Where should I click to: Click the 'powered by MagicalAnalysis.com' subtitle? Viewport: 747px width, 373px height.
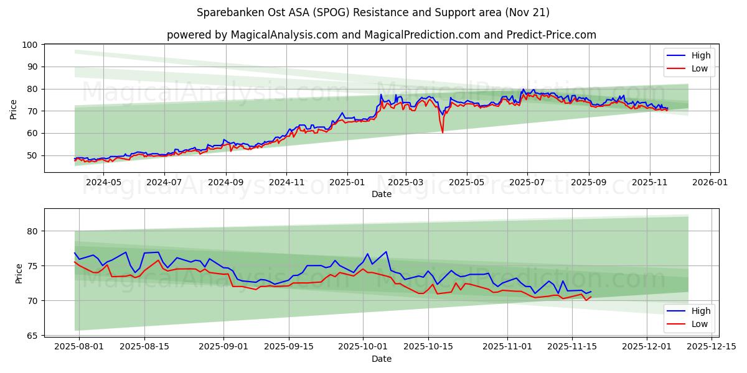click(x=381, y=35)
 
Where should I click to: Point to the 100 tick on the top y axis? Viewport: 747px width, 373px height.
click(x=31, y=45)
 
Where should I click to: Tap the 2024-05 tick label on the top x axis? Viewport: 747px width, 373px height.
click(x=103, y=183)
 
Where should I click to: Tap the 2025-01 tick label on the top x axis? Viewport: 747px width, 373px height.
click(x=347, y=183)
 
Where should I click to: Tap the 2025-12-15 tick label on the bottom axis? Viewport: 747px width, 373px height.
click(x=711, y=346)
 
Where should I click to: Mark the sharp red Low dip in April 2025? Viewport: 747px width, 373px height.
click(x=443, y=132)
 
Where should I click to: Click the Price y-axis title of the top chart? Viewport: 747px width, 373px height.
click(x=14, y=109)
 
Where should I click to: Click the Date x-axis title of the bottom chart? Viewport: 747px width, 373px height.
click(x=381, y=359)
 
